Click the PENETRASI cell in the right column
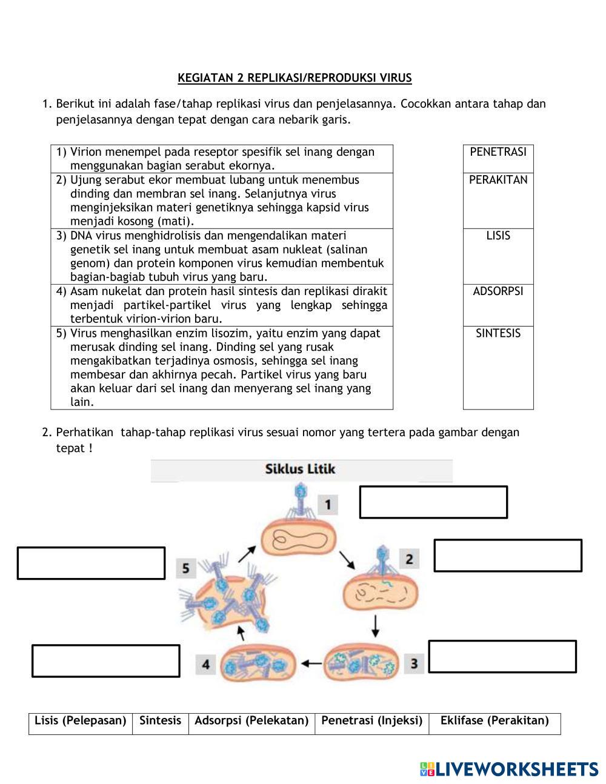point(498,152)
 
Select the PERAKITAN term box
point(498,180)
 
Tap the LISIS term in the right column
point(498,236)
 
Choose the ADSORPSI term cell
point(498,291)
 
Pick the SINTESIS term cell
point(498,333)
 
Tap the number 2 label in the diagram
point(409,559)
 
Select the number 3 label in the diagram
point(414,663)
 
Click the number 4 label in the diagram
point(206,665)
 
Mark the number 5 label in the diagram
point(186,568)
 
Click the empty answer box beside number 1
point(433,502)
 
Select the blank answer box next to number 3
point(502,656)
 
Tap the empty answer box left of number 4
point(105,660)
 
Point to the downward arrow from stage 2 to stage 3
point(376,626)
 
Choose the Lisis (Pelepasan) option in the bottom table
point(81,721)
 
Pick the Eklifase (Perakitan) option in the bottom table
point(494,721)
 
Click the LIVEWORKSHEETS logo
point(509,769)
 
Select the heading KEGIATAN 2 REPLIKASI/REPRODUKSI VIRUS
point(295,78)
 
